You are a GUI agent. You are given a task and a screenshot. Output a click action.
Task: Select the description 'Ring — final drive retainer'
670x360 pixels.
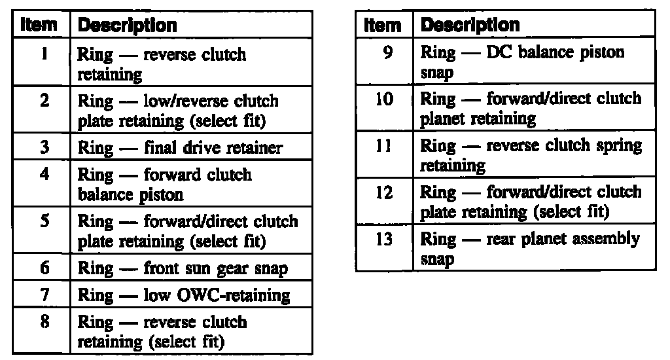(180, 147)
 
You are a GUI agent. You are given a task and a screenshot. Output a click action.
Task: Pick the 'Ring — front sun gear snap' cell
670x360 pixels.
(183, 268)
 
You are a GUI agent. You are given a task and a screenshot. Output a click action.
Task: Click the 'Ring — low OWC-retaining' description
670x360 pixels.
(184, 295)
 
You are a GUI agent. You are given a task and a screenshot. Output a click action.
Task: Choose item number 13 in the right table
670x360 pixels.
(386, 239)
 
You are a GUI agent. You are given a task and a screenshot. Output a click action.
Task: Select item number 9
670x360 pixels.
(387, 52)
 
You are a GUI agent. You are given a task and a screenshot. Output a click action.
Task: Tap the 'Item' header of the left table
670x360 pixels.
(41, 26)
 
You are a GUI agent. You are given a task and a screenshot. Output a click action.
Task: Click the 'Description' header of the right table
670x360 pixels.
(470, 25)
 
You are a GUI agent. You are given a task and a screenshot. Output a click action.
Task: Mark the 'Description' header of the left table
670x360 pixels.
(127, 26)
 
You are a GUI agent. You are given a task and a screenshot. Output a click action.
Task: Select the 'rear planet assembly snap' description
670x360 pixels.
(530, 249)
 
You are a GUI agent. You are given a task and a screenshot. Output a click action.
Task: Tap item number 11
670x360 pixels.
(386, 145)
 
